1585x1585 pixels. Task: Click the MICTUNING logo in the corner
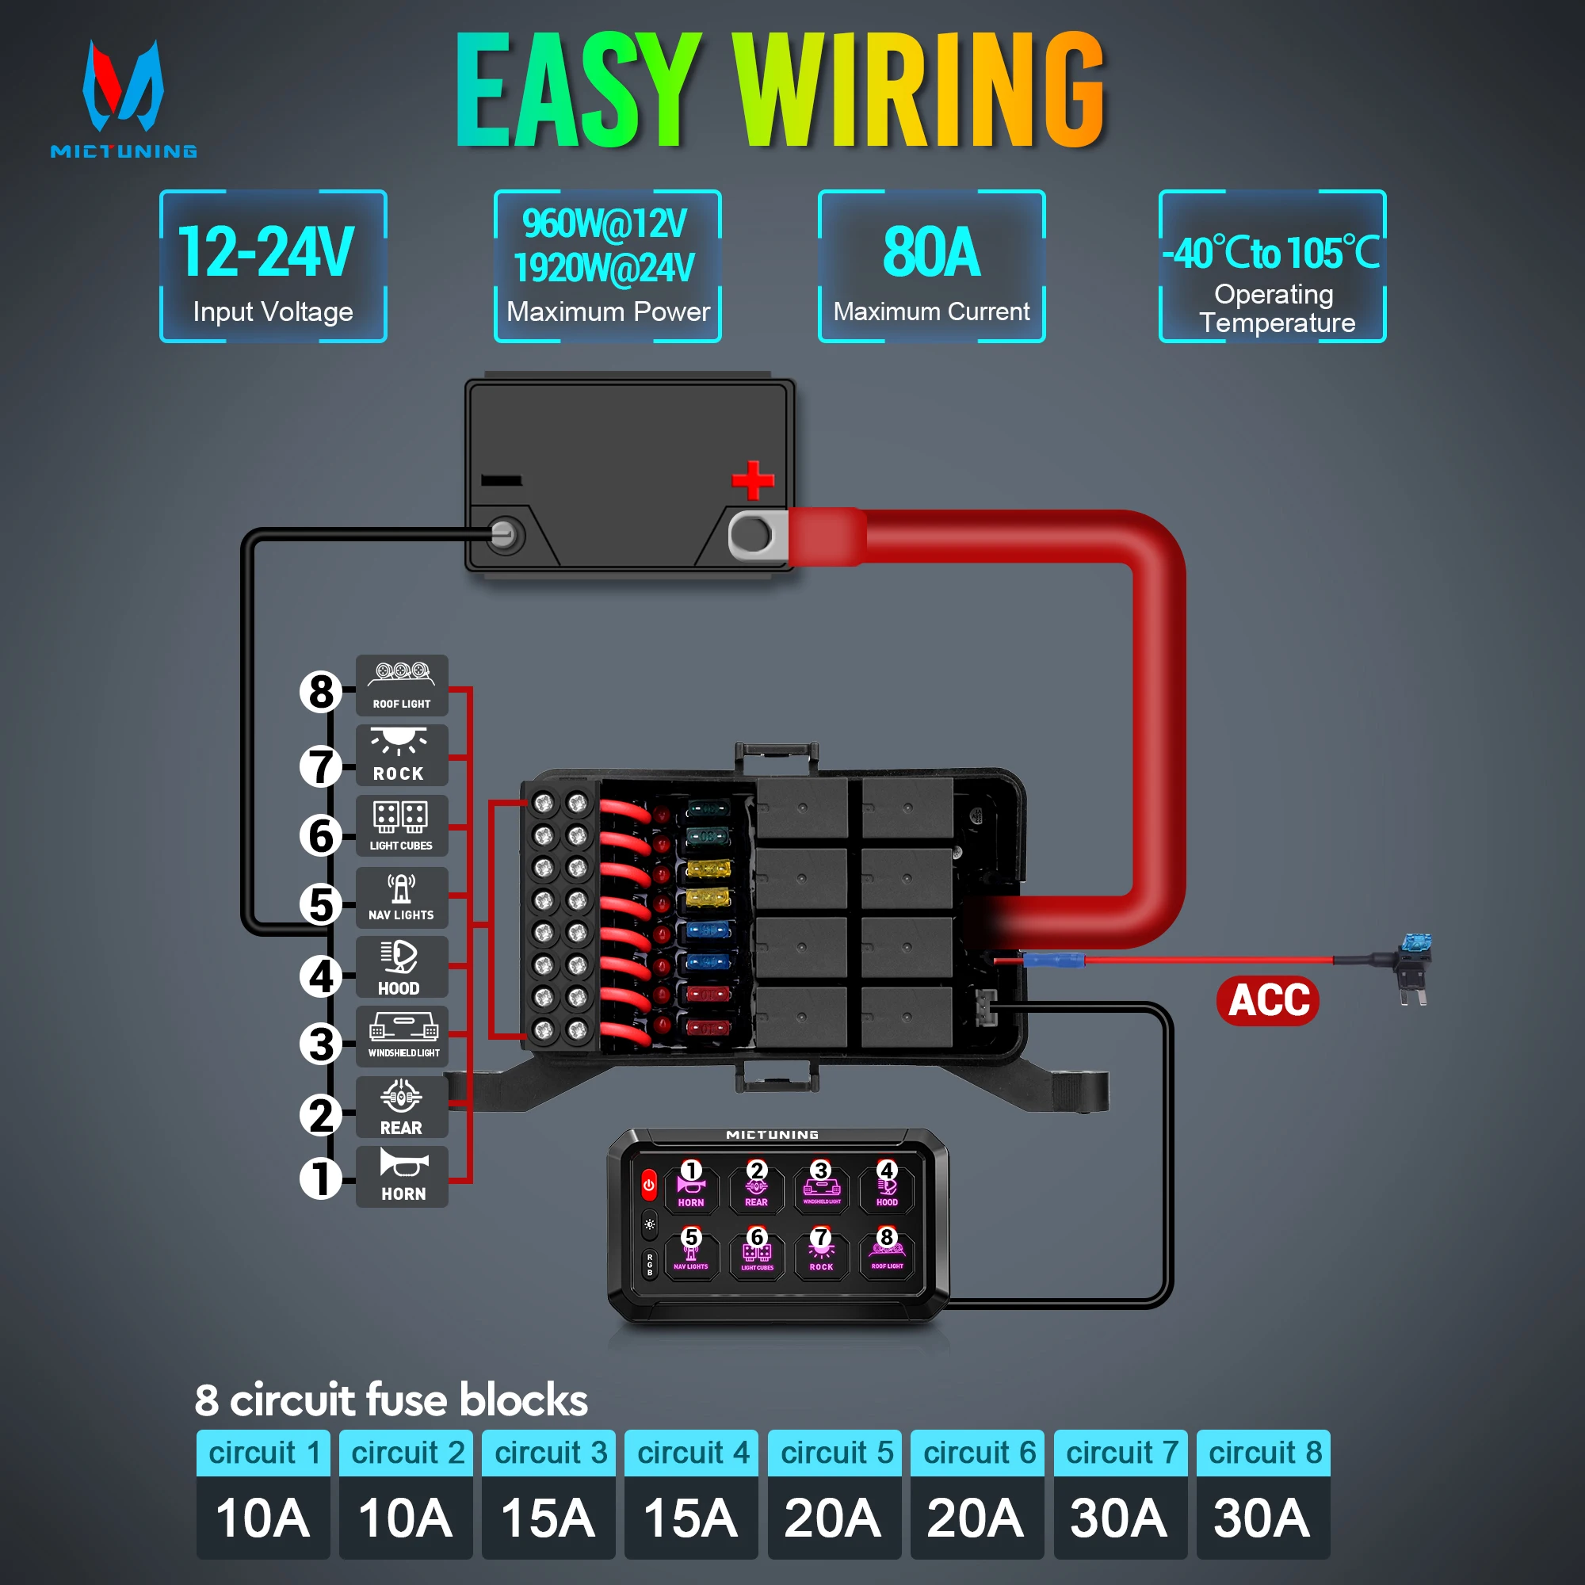click(123, 98)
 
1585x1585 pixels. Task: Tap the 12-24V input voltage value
click(265, 252)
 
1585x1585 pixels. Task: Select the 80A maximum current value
click(931, 252)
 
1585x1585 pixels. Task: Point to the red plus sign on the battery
click(752, 480)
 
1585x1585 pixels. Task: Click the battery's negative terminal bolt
click(503, 535)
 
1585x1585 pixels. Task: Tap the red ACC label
click(1267, 1000)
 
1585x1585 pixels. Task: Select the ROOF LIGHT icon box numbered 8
click(402, 685)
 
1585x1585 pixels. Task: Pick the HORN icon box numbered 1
click(402, 1176)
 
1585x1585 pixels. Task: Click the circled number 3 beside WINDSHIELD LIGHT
click(321, 1045)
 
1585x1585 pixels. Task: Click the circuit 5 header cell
click(835, 1453)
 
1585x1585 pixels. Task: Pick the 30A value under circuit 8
click(1262, 1518)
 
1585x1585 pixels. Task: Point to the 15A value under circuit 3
click(548, 1518)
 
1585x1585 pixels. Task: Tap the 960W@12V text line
click(605, 224)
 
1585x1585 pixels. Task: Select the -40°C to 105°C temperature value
click(1272, 253)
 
